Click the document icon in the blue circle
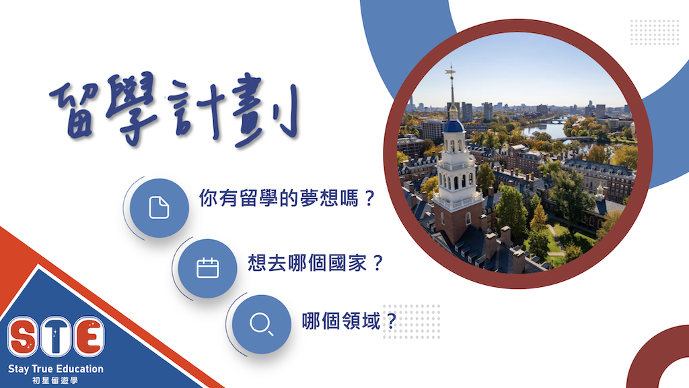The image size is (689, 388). point(159,207)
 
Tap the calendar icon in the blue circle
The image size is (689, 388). point(207,267)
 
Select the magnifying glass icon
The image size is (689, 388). point(262,324)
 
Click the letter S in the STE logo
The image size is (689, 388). point(23,337)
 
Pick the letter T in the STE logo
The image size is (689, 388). point(55,337)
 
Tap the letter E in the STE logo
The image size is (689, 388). point(89,337)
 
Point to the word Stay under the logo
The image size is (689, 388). point(18,369)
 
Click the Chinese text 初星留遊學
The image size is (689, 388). point(55,380)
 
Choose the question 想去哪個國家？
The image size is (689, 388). point(316,263)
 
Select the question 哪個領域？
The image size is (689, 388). point(349,321)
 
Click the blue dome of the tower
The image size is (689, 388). point(454,126)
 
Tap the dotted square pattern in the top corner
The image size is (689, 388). point(655,32)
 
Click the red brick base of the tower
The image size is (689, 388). point(457,224)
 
